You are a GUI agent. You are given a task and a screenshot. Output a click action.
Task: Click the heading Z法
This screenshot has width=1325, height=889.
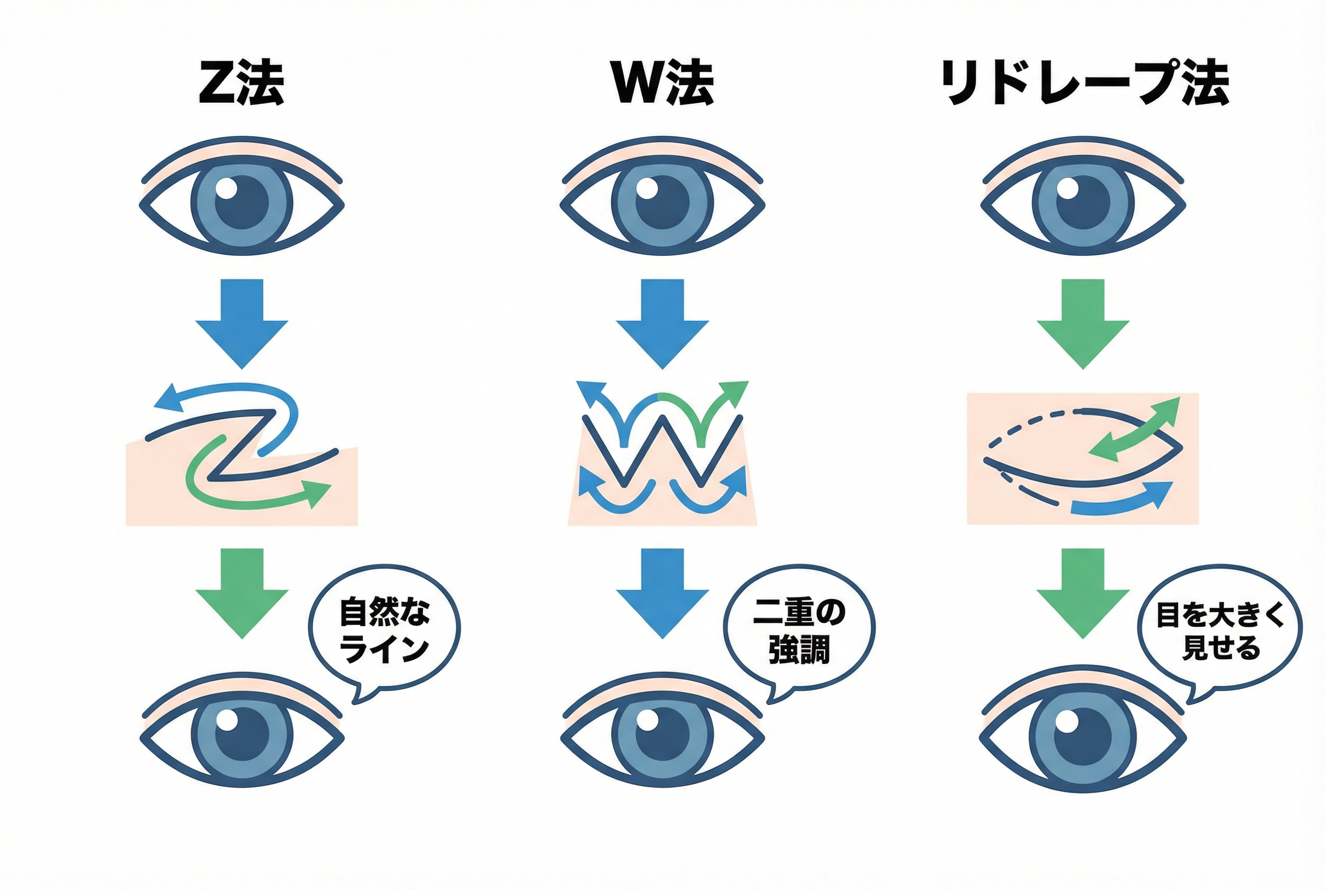click(x=242, y=83)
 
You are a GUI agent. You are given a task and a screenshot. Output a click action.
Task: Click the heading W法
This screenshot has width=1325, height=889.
click(x=662, y=83)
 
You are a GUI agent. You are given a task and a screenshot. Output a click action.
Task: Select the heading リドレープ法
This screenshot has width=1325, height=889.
click(x=1084, y=84)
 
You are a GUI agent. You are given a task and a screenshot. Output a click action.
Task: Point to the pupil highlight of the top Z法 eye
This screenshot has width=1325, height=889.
click(x=227, y=188)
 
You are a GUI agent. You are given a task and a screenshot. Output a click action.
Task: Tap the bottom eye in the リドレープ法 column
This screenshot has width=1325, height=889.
click(x=1083, y=737)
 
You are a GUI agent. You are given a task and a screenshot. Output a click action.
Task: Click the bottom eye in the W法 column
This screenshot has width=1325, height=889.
click(x=662, y=737)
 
